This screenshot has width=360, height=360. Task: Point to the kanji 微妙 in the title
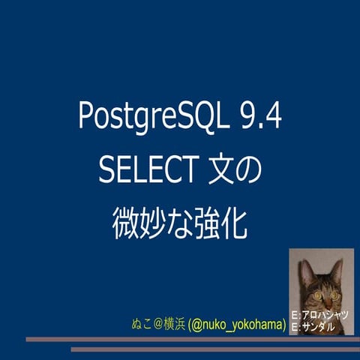coord(138,224)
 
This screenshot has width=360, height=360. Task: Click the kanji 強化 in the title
coord(222,224)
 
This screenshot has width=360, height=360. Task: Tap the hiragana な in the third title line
coord(179,224)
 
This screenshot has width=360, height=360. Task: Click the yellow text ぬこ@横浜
coord(157,325)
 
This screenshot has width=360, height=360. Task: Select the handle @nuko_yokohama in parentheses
coord(236,325)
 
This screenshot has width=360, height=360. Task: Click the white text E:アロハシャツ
coord(319,314)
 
